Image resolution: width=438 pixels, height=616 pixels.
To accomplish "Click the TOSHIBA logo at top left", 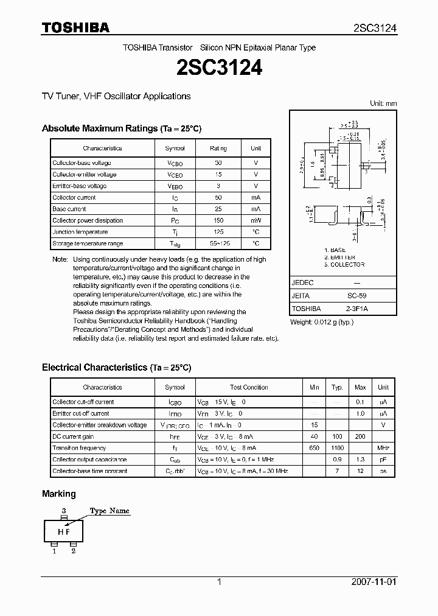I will [x=75, y=27].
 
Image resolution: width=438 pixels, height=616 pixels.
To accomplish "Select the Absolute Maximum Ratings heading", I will [x=121, y=128].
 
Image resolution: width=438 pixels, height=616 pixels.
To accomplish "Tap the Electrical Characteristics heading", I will [x=116, y=368].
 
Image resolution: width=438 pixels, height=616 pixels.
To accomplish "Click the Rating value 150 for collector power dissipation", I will [x=218, y=220].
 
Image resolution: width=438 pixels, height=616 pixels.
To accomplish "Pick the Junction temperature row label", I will [x=80, y=232].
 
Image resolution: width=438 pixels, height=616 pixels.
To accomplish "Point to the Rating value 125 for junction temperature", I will [x=218, y=232].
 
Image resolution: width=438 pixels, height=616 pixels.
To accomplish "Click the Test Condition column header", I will [x=249, y=387].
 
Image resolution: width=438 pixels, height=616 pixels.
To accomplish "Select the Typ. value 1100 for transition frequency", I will [x=337, y=448].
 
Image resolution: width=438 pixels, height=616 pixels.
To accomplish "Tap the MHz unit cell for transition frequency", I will [x=383, y=448].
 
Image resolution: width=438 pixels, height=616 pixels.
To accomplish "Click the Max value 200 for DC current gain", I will [x=360, y=436].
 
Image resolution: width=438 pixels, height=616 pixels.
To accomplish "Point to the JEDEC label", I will [x=302, y=283].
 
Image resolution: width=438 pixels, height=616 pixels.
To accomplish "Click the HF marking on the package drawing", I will [x=64, y=531].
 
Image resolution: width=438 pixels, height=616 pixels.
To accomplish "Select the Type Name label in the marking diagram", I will [x=109, y=511].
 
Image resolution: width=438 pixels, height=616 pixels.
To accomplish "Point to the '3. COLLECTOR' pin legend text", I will [x=344, y=265].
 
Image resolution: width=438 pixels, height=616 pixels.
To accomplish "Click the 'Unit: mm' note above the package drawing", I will [x=383, y=103].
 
